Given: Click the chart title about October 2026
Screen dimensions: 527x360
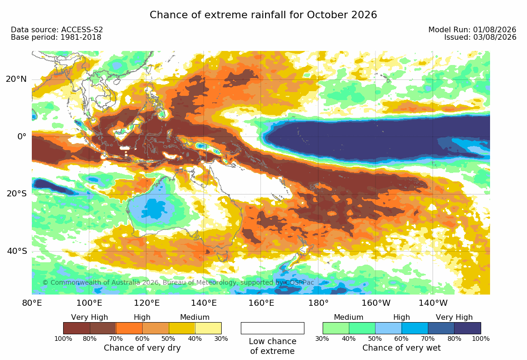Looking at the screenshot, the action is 263,15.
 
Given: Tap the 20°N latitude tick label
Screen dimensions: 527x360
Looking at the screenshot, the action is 16,79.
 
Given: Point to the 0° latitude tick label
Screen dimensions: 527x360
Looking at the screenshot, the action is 22,137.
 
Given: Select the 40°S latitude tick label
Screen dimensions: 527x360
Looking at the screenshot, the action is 17,251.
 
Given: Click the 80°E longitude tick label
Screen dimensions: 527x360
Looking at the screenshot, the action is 32,303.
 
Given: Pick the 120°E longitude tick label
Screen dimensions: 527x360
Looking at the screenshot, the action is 146,303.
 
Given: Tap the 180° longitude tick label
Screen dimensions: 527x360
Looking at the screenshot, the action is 318,303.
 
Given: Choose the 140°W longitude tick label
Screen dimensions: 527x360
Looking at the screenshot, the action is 433,303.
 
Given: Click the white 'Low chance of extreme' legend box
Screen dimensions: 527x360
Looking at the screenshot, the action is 273,328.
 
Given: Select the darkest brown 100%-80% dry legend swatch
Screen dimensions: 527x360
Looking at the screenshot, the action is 77,328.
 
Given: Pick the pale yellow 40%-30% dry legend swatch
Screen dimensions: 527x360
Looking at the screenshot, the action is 209,328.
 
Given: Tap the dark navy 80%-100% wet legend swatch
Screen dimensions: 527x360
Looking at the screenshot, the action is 468,328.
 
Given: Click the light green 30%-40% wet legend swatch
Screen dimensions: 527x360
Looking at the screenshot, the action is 336,328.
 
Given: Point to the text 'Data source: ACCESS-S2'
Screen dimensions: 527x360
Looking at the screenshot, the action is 57,29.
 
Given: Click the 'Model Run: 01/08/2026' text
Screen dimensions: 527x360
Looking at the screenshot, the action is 472,29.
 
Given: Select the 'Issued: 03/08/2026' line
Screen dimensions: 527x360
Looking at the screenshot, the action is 480,37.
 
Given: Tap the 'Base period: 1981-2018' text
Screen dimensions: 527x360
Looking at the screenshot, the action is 56,37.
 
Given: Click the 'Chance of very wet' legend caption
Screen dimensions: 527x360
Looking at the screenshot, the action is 401,348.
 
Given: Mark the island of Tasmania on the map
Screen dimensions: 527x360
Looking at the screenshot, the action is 222,257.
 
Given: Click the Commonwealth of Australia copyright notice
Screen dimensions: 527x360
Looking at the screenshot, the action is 178,282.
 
